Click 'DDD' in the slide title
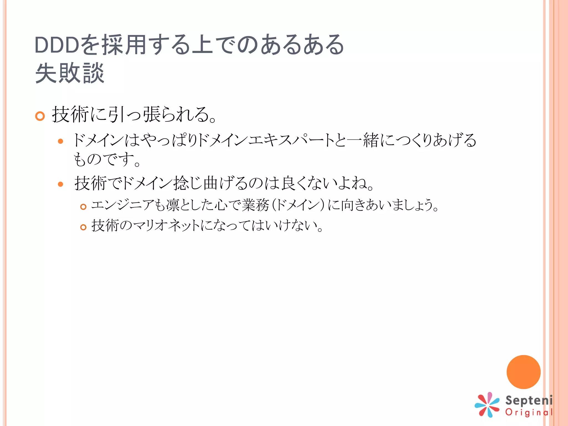pyautogui.click(x=57, y=45)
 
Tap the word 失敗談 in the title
pyautogui.click(x=70, y=73)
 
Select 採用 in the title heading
pyautogui.click(x=124, y=45)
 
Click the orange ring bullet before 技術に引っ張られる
pyautogui.click(x=40, y=116)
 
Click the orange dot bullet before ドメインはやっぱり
pyautogui.click(x=60, y=141)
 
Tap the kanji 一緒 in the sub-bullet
pyautogui.click(x=363, y=140)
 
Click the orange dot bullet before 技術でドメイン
pyautogui.click(x=60, y=184)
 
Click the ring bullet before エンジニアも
pyautogui.click(x=83, y=207)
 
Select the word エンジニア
pyautogui.click(x=122, y=205)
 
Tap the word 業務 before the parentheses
pyautogui.click(x=255, y=205)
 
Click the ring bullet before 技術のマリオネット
pyautogui.click(x=83, y=227)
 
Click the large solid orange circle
pyautogui.click(x=523, y=372)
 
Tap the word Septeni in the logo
pyautogui.click(x=529, y=400)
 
